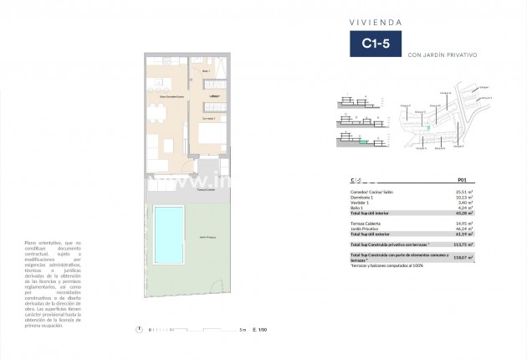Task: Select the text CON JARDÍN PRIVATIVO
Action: pyautogui.click(x=441, y=54)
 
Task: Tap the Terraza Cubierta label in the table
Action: pyautogui.click(x=366, y=222)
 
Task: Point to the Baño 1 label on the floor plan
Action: pyautogui.click(x=206, y=71)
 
